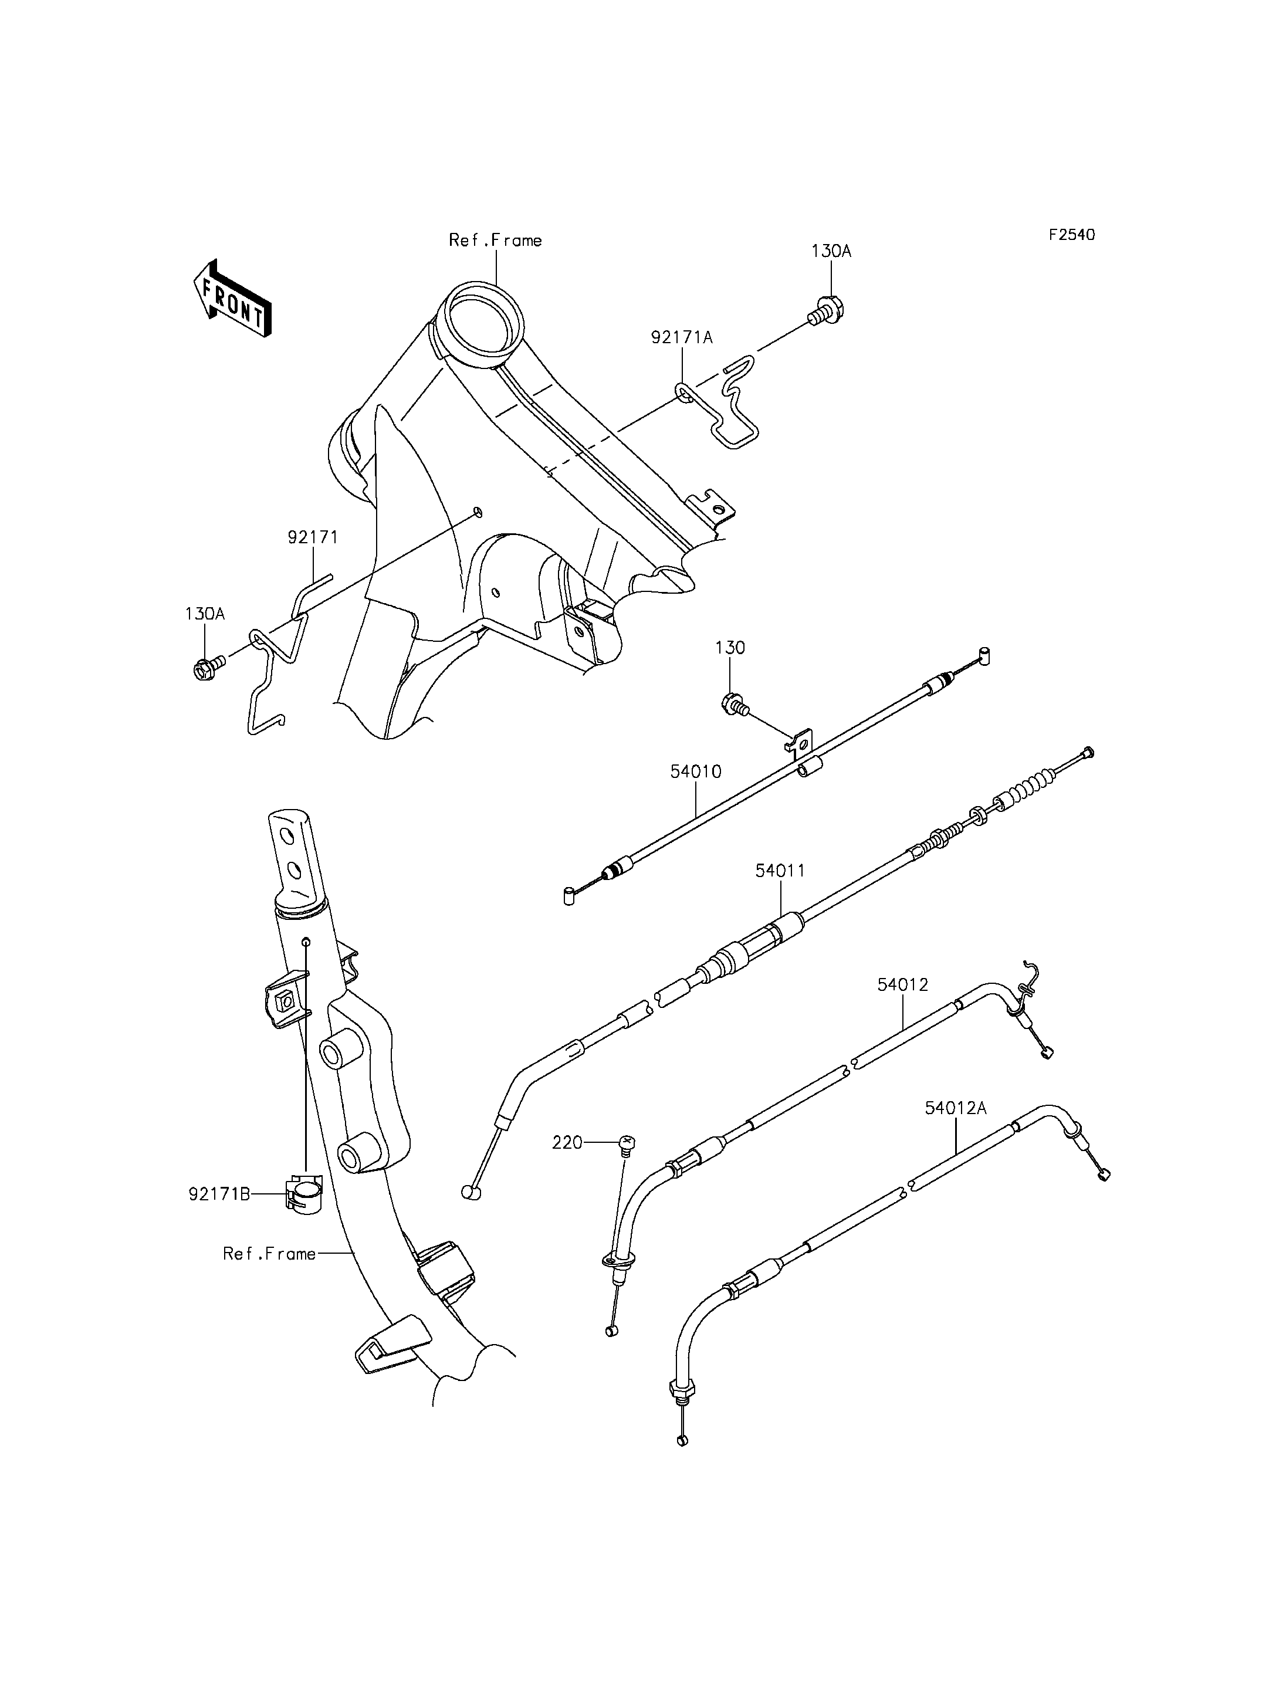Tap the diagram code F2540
tap(1072, 234)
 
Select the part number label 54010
tap(696, 771)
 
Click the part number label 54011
tap(780, 871)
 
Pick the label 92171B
tap(219, 1193)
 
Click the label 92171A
tap(682, 337)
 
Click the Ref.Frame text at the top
tap(495, 241)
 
